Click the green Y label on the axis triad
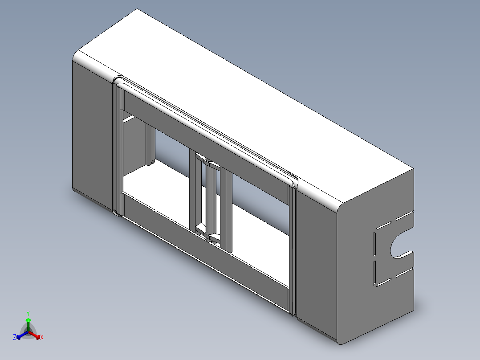[x=28, y=313]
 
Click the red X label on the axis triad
[x=42, y=337]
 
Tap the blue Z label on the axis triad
[x=15, y=337]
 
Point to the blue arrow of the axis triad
[x=22, y=335]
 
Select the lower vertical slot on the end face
[x=375, y=273]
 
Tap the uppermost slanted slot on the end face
[x=405, y=215]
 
